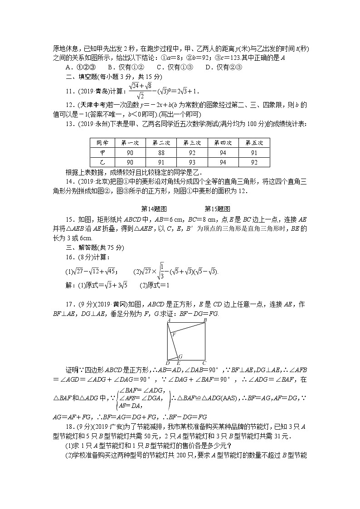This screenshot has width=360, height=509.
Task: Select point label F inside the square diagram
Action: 175,334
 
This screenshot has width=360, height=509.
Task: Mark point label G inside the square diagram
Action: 180,356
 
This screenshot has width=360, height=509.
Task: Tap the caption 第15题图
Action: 218,209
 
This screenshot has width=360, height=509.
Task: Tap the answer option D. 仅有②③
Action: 224,68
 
